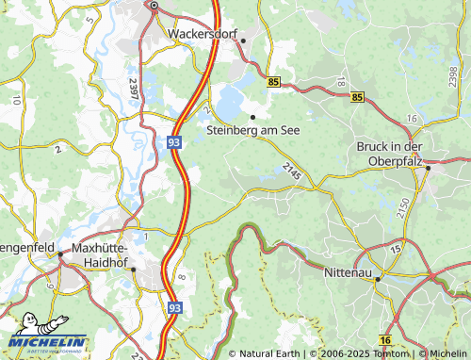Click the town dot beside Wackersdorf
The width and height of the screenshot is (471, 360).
(x=243, y=41)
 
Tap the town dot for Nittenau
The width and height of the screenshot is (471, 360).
(x=378, y=279)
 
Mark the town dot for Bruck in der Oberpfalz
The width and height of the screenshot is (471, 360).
(x=428, y=168)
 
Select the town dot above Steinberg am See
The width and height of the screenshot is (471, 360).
(x=252, y=116)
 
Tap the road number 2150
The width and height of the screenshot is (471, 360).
(x=404, y=209)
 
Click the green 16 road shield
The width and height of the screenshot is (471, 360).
(x=384, y=339)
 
